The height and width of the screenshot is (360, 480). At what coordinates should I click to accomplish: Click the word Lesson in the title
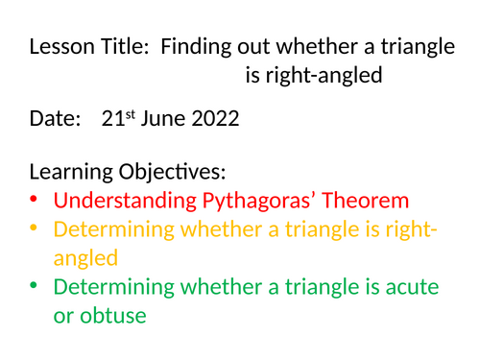[x=60, y=47]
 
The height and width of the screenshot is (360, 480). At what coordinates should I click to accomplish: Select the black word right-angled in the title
[x=328, y=75]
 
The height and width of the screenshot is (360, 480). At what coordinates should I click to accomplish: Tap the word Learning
[x=70, y=173]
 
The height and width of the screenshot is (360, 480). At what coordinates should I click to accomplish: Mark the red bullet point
[x=36, y=201]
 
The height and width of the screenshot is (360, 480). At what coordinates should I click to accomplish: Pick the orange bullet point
[x=36, y=228]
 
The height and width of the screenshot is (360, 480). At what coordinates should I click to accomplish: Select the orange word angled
[x=86, y=258]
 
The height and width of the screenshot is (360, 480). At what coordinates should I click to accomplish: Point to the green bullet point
[x=36, y=285]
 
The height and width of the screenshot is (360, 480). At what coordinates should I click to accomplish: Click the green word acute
[x=416, y=286]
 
